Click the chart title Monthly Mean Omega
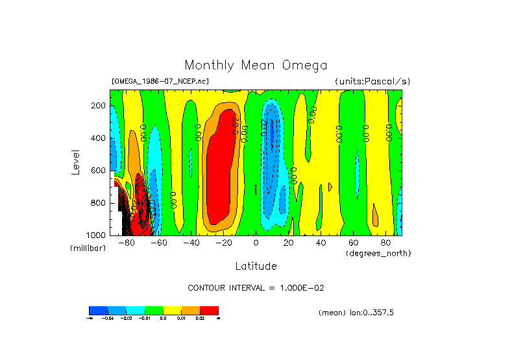coord(256,66)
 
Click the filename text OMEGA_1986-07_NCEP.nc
coord(160,81)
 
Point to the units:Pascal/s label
coord(372,81)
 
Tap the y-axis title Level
coord(75,162)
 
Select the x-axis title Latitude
coord(256,266)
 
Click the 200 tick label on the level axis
coord(99,106)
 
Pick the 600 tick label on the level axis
coord(99,171)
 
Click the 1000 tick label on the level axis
coord(97,235)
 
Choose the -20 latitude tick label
coord(223,243)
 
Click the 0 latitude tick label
coord(256,243)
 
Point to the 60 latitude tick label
coord(353,243)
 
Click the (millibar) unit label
coord(88,248)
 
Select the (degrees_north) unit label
coord(378,252)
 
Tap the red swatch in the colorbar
coord(209,310)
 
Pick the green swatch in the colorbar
coord(153,310)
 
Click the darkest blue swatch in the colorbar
coord(98,310)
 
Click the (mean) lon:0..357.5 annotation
coord(356,313)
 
